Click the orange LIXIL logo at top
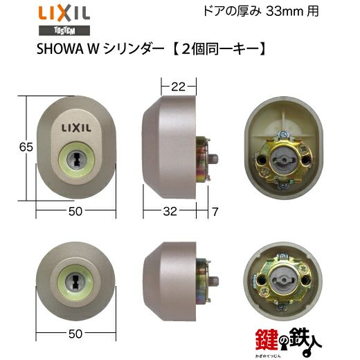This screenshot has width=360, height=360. click(64, 14)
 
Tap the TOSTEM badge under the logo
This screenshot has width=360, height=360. click(64, 30)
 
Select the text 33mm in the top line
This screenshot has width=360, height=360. click(285, 12)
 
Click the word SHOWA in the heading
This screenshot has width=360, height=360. click(60, 49)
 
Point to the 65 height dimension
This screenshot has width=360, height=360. click(26, 147)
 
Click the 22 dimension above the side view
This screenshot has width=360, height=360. click(178, 87)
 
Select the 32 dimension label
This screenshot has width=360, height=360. click(170, 211)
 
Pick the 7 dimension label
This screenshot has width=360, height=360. click(215, 212)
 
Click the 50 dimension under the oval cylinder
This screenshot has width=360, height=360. click(75, 211)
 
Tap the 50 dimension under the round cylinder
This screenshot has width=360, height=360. click(75, 334)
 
